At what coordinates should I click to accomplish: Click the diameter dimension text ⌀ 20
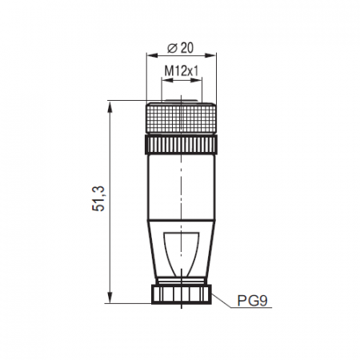tap(180, 46)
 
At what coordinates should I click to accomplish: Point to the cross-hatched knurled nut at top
tap(181, 118)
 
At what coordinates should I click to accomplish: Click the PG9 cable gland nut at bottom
tap(181, 294)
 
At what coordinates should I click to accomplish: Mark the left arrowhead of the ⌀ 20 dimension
tap(148, 56)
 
